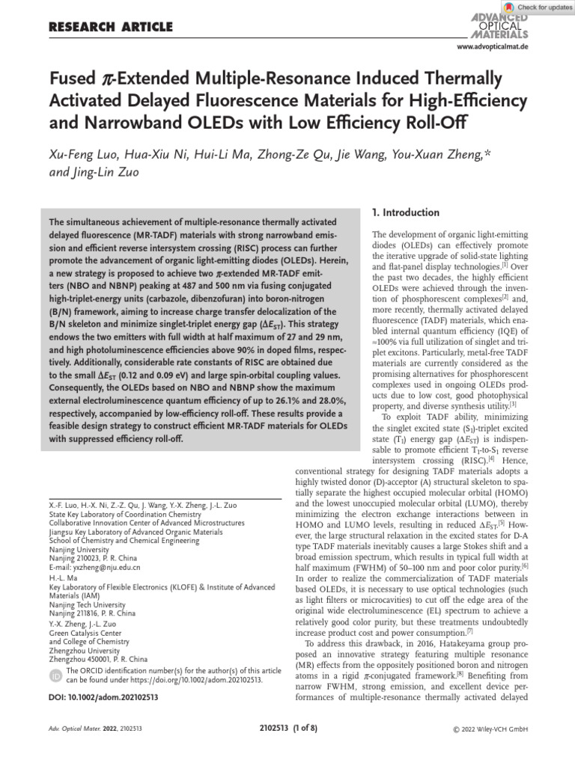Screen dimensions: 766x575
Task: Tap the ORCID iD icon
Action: coord(55,675)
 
